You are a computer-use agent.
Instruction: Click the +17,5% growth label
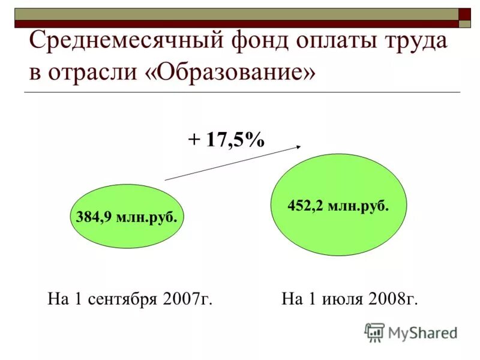(226, 140)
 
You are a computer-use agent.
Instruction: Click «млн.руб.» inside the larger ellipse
(358, 206)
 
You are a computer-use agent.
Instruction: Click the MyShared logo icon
(374, 332)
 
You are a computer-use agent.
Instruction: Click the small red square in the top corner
(464, 14)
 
